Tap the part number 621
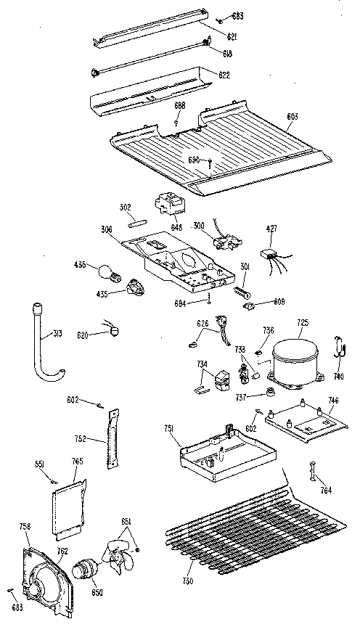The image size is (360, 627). tap(230, 36)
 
